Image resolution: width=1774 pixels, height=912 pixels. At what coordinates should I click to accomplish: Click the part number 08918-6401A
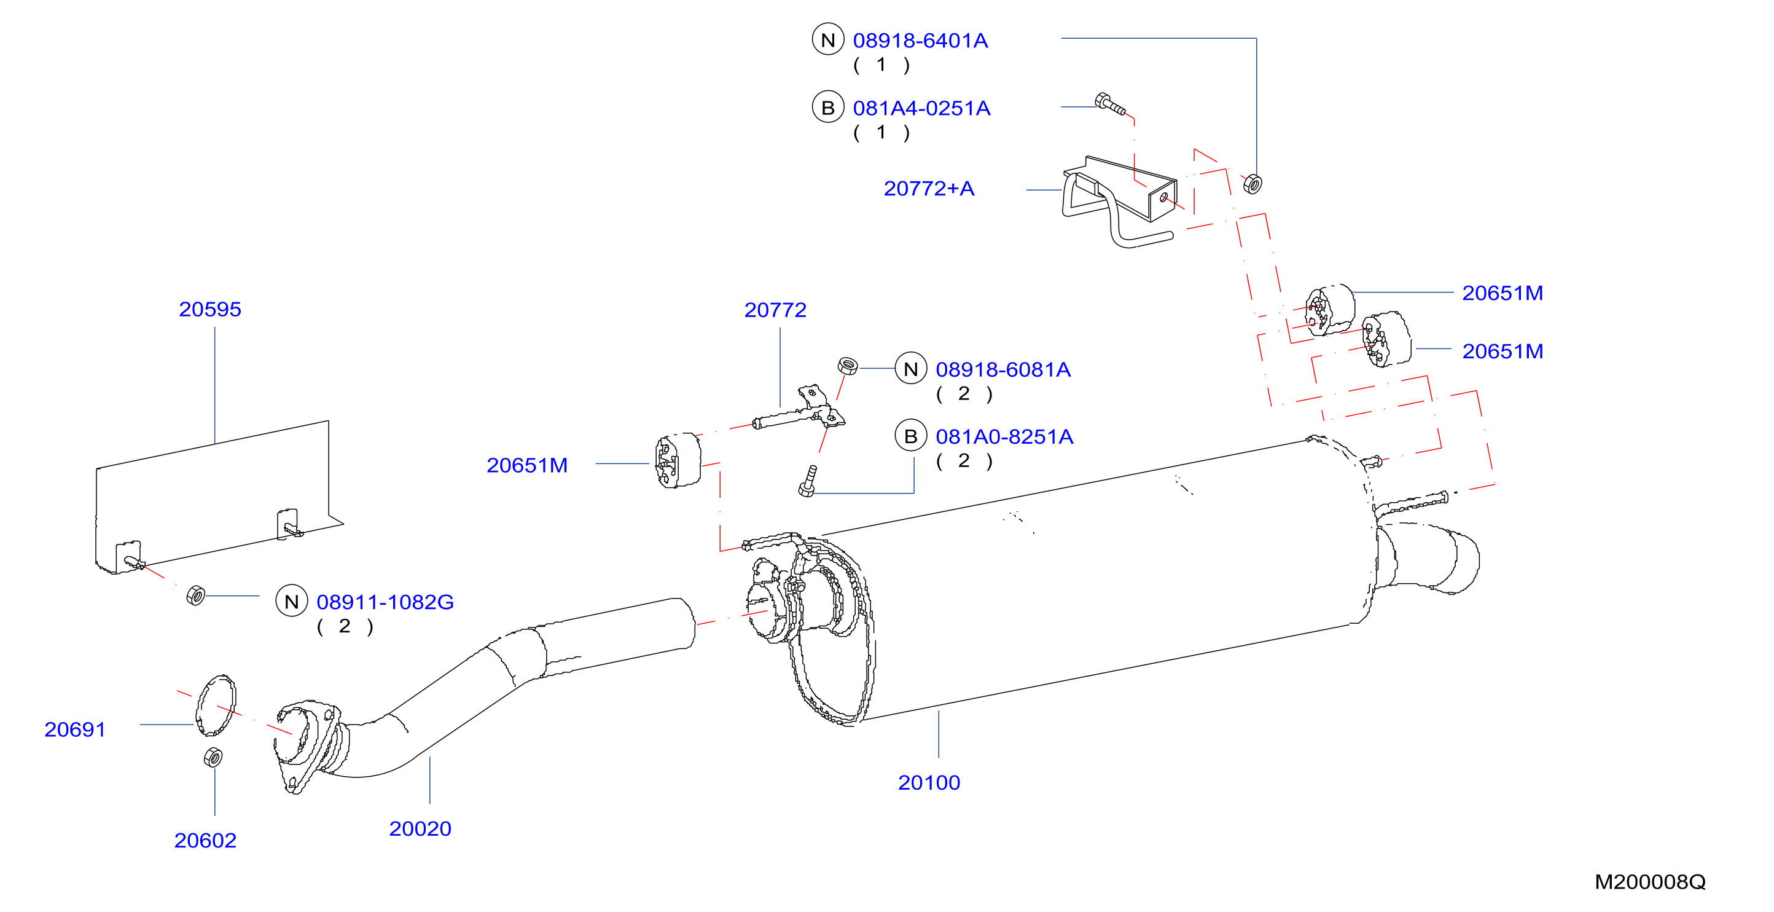click(920, 41)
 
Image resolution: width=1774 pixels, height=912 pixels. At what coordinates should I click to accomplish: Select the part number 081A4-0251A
click(921, 108)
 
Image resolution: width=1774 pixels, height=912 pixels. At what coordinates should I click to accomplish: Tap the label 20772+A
click(929, 188)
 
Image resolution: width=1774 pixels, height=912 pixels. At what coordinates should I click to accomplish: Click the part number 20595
click(210, 309)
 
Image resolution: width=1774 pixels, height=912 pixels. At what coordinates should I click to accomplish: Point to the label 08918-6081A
click(1002, 370)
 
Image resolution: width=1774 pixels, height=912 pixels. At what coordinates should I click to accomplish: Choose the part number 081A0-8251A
click(1004, 437)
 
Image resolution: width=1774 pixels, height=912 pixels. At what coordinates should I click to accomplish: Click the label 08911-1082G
click(385, 602)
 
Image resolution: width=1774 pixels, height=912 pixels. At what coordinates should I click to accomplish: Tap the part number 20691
click(75, 729)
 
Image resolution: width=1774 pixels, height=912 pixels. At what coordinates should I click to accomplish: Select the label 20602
click(205, 840)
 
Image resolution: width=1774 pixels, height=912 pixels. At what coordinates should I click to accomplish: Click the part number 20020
click(420, 828)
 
